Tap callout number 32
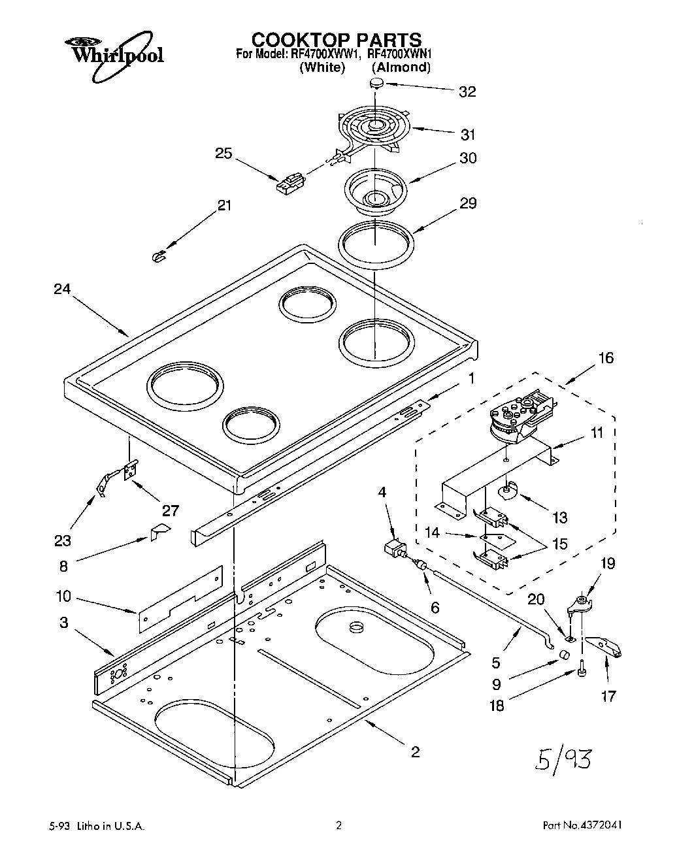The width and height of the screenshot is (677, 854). point(467,91)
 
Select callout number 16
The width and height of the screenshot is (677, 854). point(606,357)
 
